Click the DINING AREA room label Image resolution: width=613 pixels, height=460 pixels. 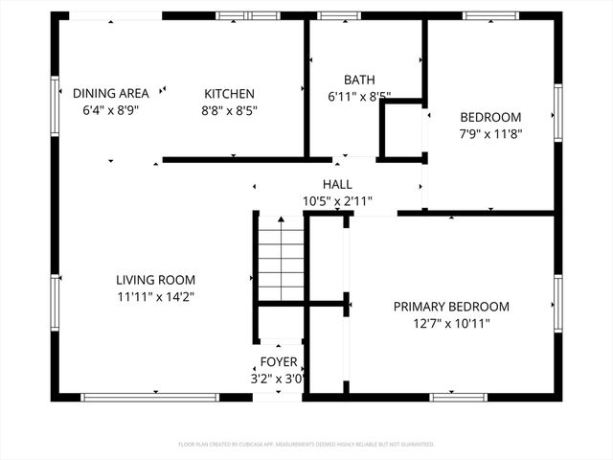pos(111,93)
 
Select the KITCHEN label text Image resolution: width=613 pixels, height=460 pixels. pos(229,93)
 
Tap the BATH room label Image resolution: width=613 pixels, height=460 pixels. pos(359,80)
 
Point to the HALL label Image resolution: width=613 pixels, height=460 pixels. pos(337,184)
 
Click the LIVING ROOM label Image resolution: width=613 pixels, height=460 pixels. pos(156,280)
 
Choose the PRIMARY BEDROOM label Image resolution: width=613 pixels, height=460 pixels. pos(451,307)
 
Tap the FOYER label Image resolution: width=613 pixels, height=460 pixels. pos(279,362)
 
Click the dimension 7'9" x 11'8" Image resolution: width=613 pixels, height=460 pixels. pos(489,134)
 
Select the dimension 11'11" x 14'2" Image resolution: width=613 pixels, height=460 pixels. pos(156,297)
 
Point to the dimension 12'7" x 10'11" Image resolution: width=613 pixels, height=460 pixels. pos(451,324)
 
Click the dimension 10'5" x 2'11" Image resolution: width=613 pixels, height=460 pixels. pos(337,201)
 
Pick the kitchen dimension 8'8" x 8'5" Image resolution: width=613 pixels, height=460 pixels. pos(229,110)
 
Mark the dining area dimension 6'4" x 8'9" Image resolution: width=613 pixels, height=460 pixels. pos(111,110)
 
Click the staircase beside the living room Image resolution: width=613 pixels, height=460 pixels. pos(281,257)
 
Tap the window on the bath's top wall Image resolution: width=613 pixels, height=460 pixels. pos(333,15)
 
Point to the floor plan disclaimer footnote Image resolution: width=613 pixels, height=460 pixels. pos(306,445)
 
